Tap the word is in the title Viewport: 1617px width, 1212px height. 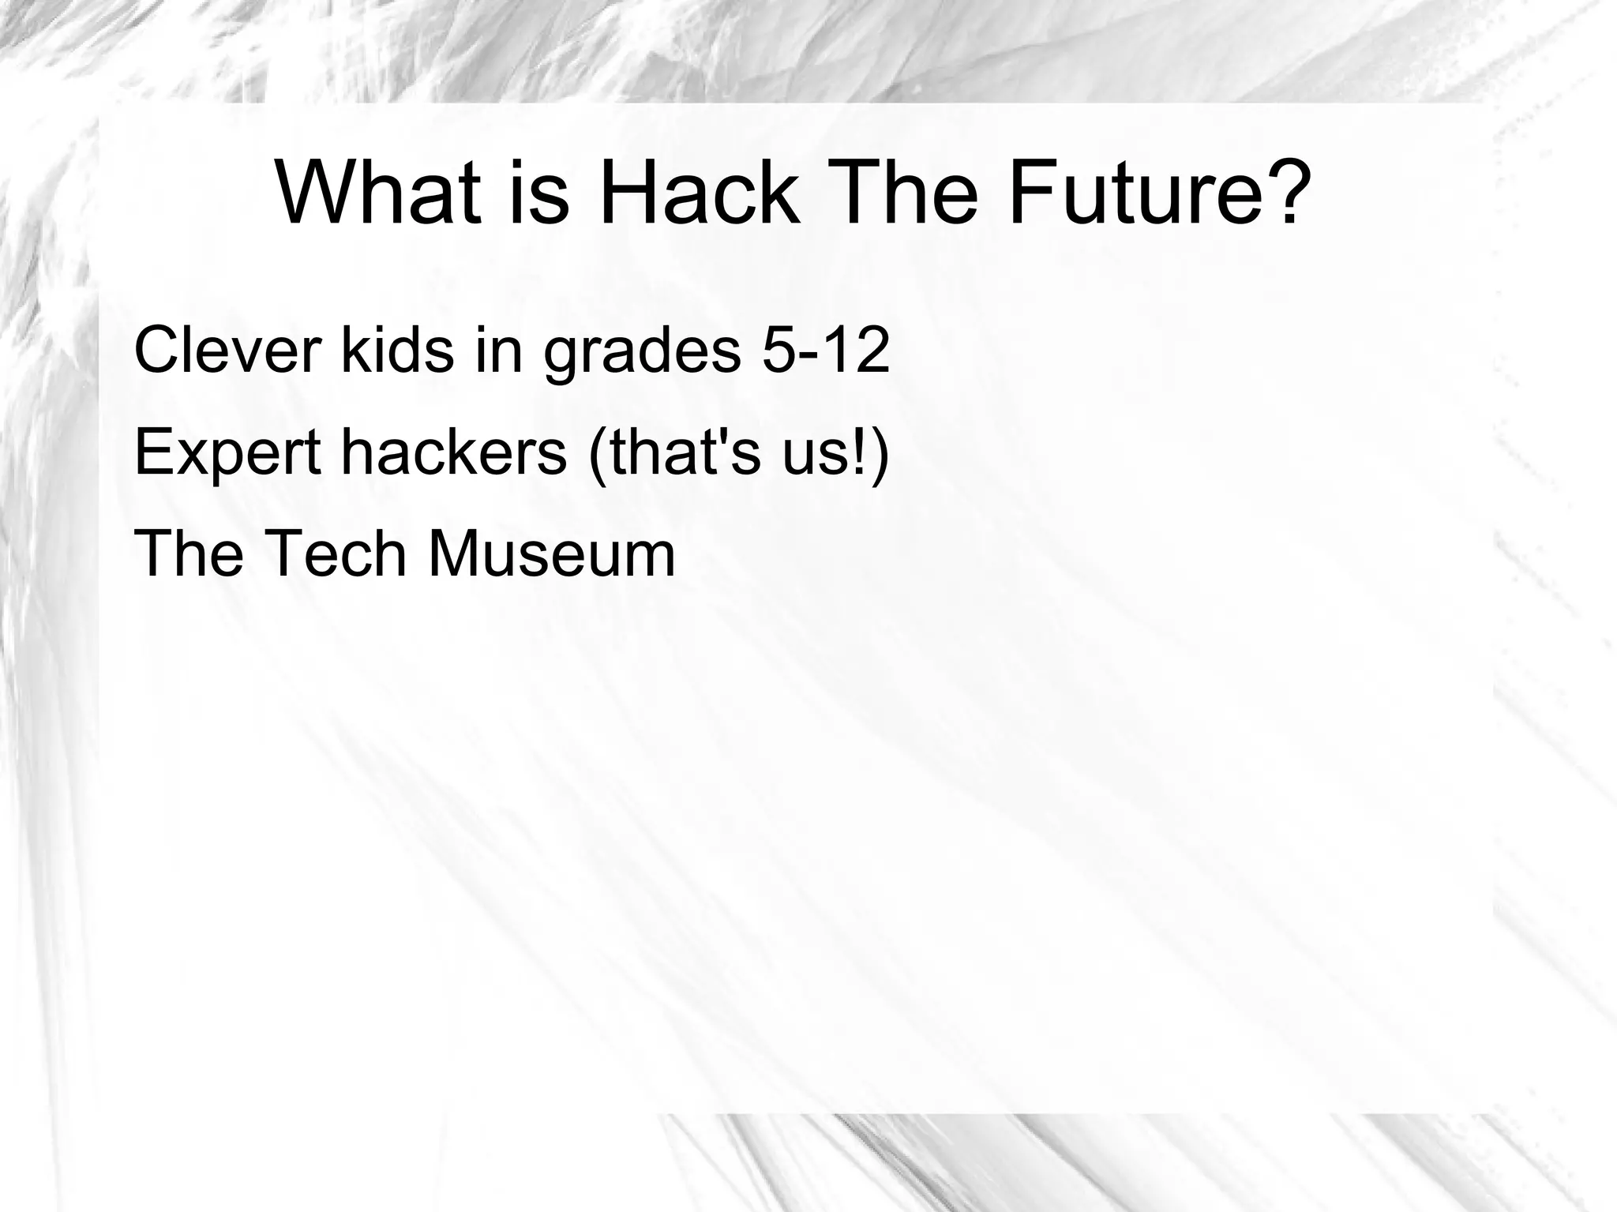click(x=539, y=193)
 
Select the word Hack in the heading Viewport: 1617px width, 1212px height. click(x=698, y=193)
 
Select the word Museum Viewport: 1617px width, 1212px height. click(x=551, y=554)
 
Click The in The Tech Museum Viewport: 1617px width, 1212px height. click(x=189, y=554)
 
